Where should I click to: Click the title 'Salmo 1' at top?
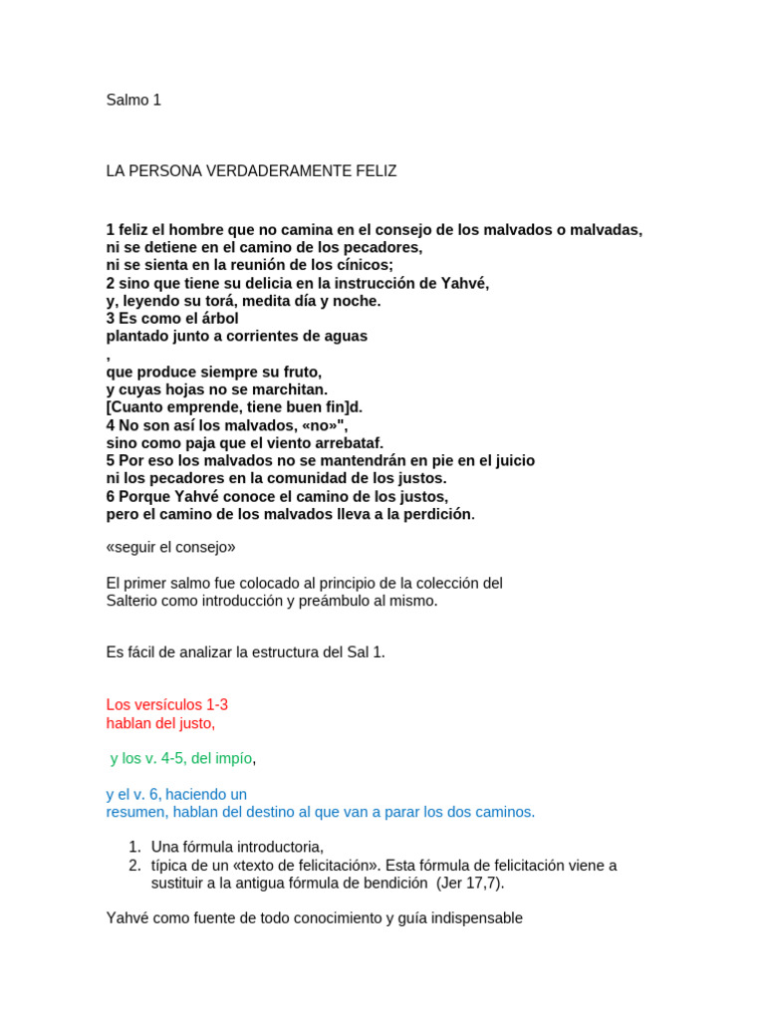(133, 101)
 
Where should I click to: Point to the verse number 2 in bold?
(111, 283)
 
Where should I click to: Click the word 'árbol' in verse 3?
(219, 319)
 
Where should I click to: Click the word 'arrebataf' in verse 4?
(348, 443)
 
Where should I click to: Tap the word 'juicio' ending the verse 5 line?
(512, 460)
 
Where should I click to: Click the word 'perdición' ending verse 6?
(435, 514)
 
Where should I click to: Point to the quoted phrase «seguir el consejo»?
(170, 547)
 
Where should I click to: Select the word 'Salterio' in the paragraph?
(134, 601)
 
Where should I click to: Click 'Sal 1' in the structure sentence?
(362, 652)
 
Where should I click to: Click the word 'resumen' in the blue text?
(135, 812)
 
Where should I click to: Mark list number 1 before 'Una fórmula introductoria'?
(134, 847)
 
